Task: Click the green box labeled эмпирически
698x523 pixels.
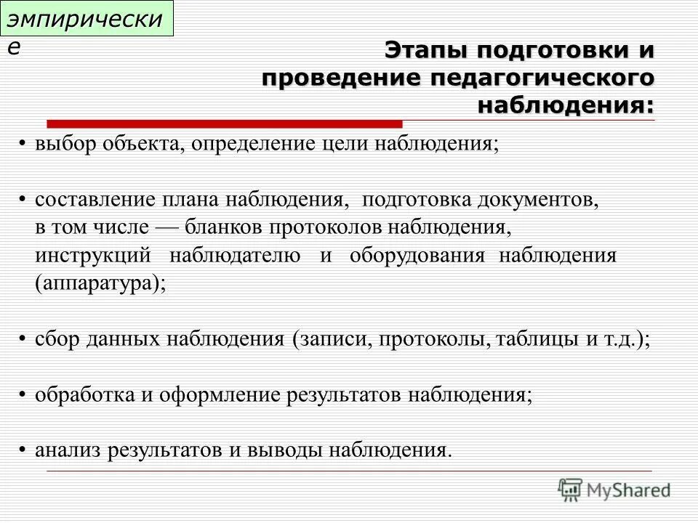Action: coord(89,19)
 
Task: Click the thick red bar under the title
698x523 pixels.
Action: coord(225,123)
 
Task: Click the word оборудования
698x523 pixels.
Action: coord(417,255)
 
